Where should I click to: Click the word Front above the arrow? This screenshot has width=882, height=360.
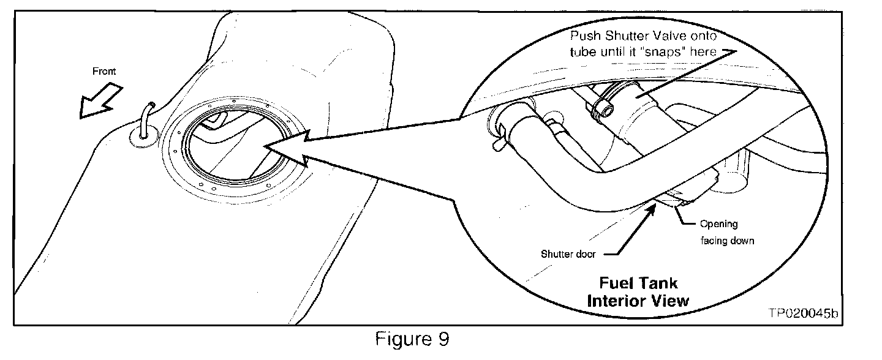(x=104, y=71)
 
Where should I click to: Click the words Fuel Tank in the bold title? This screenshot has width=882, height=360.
(x=638, y=284)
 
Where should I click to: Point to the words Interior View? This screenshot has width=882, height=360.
(x=638, y=301)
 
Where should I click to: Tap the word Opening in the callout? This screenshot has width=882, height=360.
(x=718, y=224)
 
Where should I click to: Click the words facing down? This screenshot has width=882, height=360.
(x=727, y=241)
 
